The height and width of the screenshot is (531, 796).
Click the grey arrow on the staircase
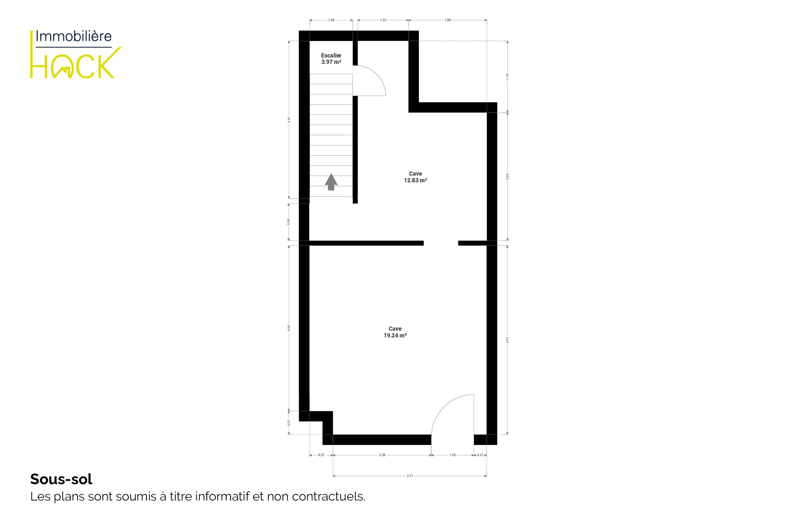[x=331, y=182]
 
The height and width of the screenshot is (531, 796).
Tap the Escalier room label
[x=331, y=56]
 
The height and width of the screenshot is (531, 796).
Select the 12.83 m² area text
[x=415, y=180]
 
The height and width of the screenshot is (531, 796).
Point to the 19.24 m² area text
[x=395, y=335]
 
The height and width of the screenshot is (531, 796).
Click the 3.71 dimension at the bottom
[x=409, y=476]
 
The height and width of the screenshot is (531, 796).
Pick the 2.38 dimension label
[x=382, y=455]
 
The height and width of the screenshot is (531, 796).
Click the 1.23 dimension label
[x=383, y=20]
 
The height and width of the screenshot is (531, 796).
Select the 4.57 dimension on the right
[x=507, y=340]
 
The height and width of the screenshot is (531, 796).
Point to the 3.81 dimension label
[x=289, y=120]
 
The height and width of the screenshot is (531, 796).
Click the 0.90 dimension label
[x=289, y=222]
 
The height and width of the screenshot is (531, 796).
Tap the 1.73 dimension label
[x=507, y=76]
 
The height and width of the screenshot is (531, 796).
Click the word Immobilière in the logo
[x=74, y=36]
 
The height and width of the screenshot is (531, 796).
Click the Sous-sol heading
[x=61, y=479]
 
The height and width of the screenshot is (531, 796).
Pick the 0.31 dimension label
[x=480, y=455]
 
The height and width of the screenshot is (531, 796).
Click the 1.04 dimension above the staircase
[x=331, y=20]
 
